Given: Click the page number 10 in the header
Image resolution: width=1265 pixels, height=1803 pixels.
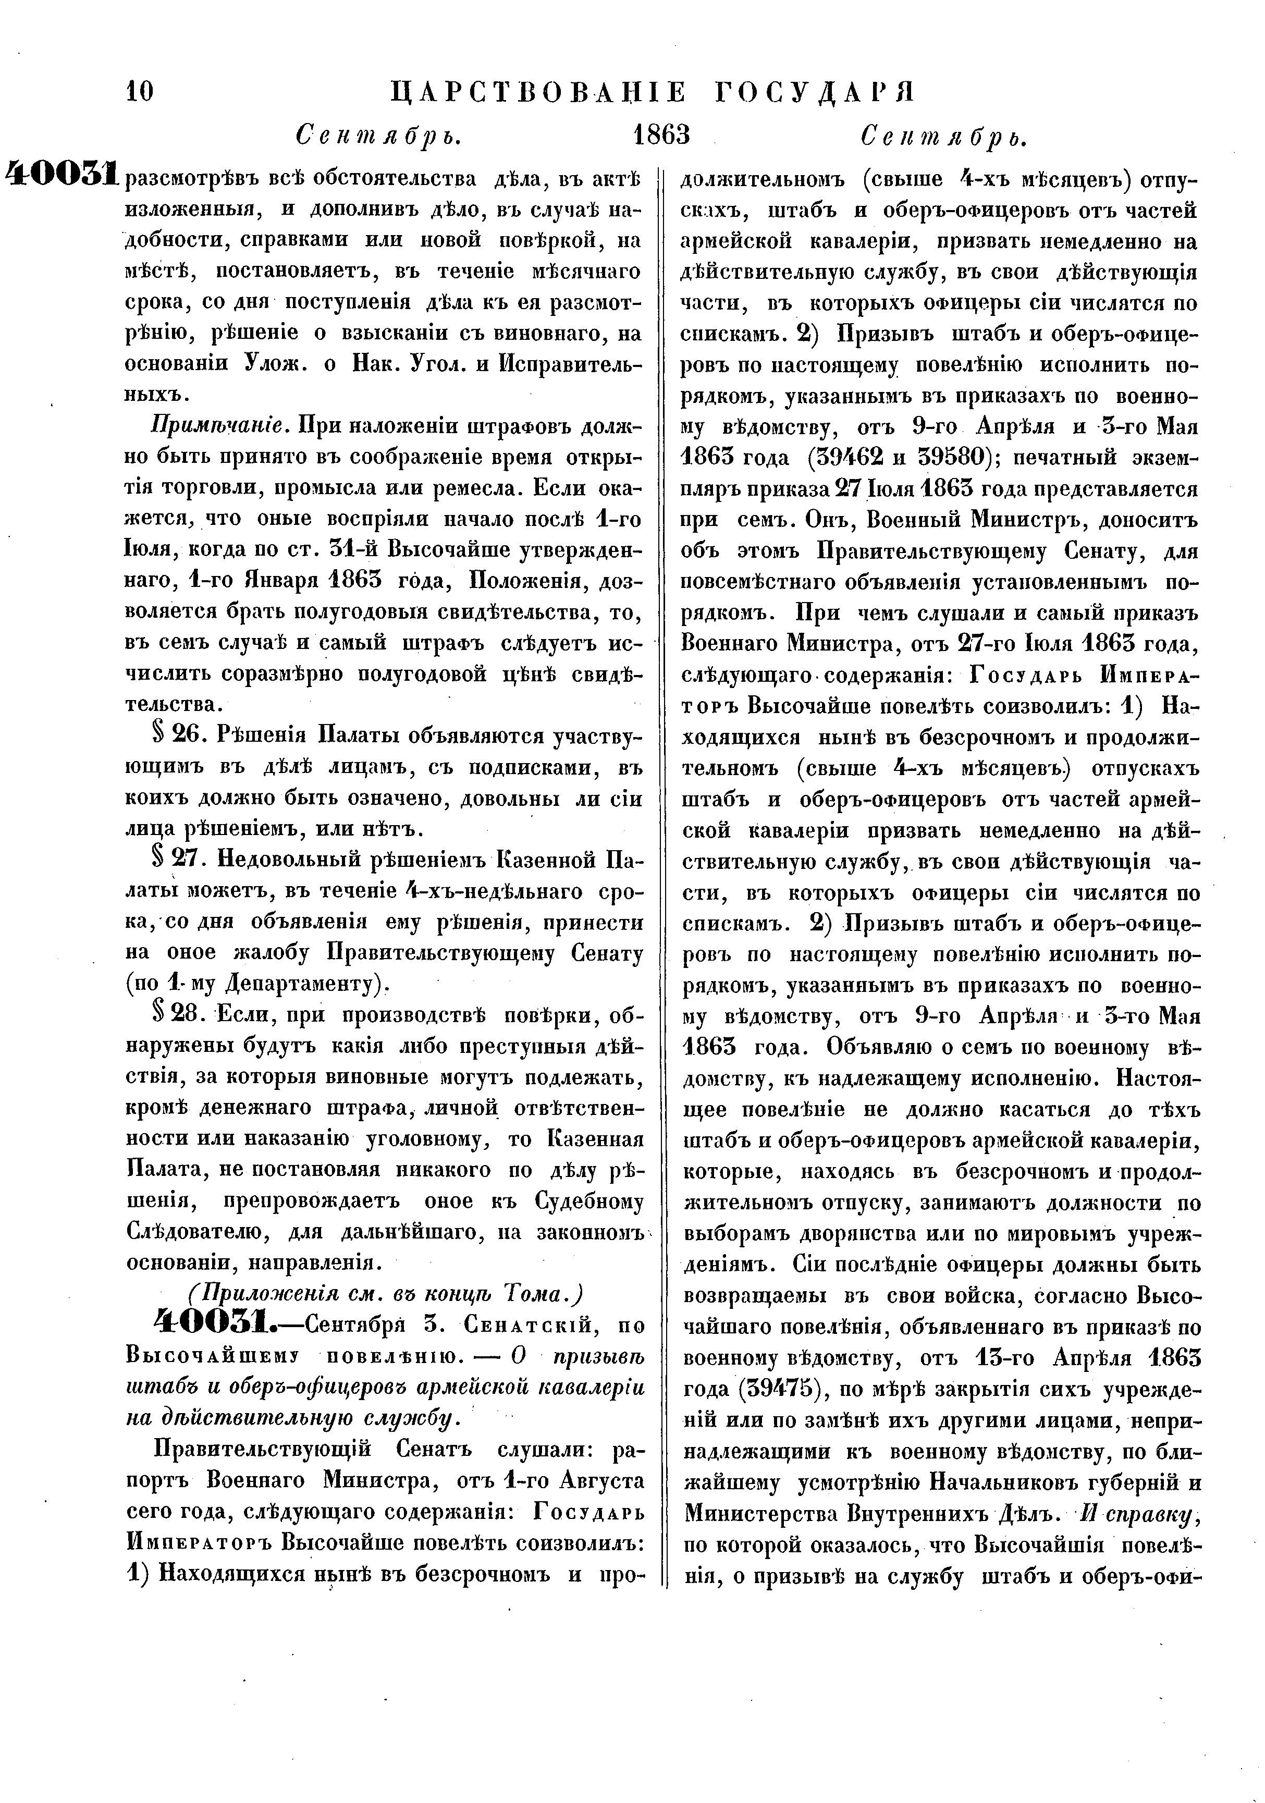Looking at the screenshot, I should (x=140, y=92).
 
